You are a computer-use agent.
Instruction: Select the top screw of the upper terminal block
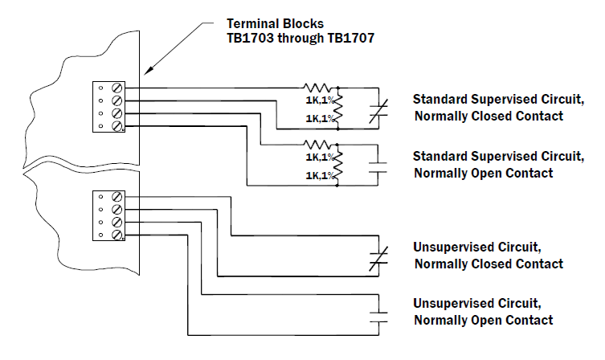point(118,88)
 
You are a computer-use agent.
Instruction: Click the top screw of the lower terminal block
point(118,195)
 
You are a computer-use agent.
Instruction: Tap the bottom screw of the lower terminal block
point(118,234)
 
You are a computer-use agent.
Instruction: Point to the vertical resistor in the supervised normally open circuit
point(338,165)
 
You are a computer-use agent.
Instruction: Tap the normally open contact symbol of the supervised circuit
point(378,166)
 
